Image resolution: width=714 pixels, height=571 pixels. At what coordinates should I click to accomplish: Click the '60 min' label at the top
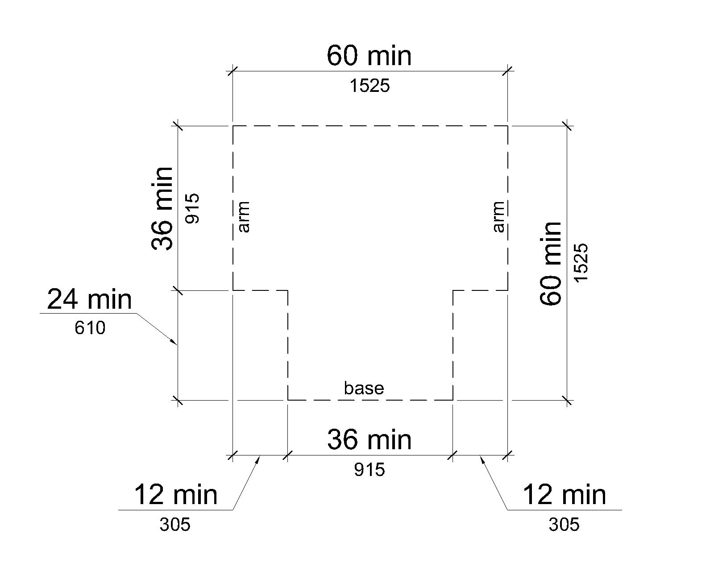pos(369,56)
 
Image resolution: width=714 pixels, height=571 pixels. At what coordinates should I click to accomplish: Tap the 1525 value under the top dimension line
pos(369,86)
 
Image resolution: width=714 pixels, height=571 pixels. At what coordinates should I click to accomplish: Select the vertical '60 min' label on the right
pos(550,264)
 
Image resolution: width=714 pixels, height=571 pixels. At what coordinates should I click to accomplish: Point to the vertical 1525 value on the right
pos(581,263)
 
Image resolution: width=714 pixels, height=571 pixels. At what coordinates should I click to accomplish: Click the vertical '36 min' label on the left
pos(162,209)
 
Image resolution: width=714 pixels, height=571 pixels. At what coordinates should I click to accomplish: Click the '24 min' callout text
pos(90,300)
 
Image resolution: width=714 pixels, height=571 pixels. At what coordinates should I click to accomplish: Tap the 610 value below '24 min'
pos(90,328)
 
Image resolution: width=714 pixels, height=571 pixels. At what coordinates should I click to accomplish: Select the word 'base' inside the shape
pos(364,388)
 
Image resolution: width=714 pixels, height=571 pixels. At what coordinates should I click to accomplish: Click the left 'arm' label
pos(244,217)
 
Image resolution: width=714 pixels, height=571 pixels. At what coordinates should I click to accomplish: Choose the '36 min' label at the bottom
pos(369,439)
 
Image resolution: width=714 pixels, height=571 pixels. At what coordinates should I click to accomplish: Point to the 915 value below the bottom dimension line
pos(369,470)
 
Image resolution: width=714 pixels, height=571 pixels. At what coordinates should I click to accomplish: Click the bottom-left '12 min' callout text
pos(175,495)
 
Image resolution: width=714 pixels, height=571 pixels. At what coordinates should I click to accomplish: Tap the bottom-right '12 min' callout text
pos(565,495)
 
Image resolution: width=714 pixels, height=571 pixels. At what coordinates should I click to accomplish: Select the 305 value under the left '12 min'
pos(175,525)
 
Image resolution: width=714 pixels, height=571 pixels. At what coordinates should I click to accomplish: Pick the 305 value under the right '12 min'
pos(564,525)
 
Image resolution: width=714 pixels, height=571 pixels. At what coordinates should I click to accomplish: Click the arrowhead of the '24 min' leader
pos(175,343)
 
